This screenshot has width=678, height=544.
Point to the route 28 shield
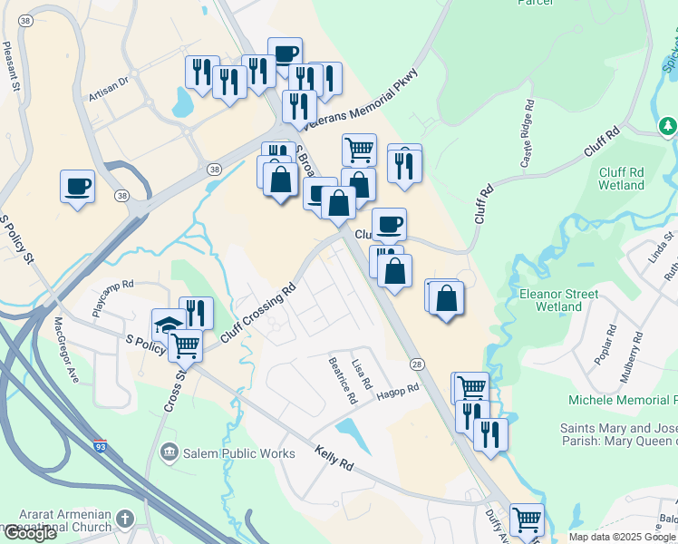tap(416, 364)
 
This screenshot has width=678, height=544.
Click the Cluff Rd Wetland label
tap(621, 178)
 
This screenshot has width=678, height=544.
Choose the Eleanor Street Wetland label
tap(558, 300)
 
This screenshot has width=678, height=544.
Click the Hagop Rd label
tap(398, 390)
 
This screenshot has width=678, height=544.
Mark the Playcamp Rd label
tap(112, 296)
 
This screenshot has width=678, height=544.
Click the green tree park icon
tap(667, 126)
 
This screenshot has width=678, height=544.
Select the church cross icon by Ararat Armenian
tap(124, 520)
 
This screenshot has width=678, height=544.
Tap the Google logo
tap(29, 533)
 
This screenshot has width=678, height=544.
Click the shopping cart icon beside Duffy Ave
tap(526, 520)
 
